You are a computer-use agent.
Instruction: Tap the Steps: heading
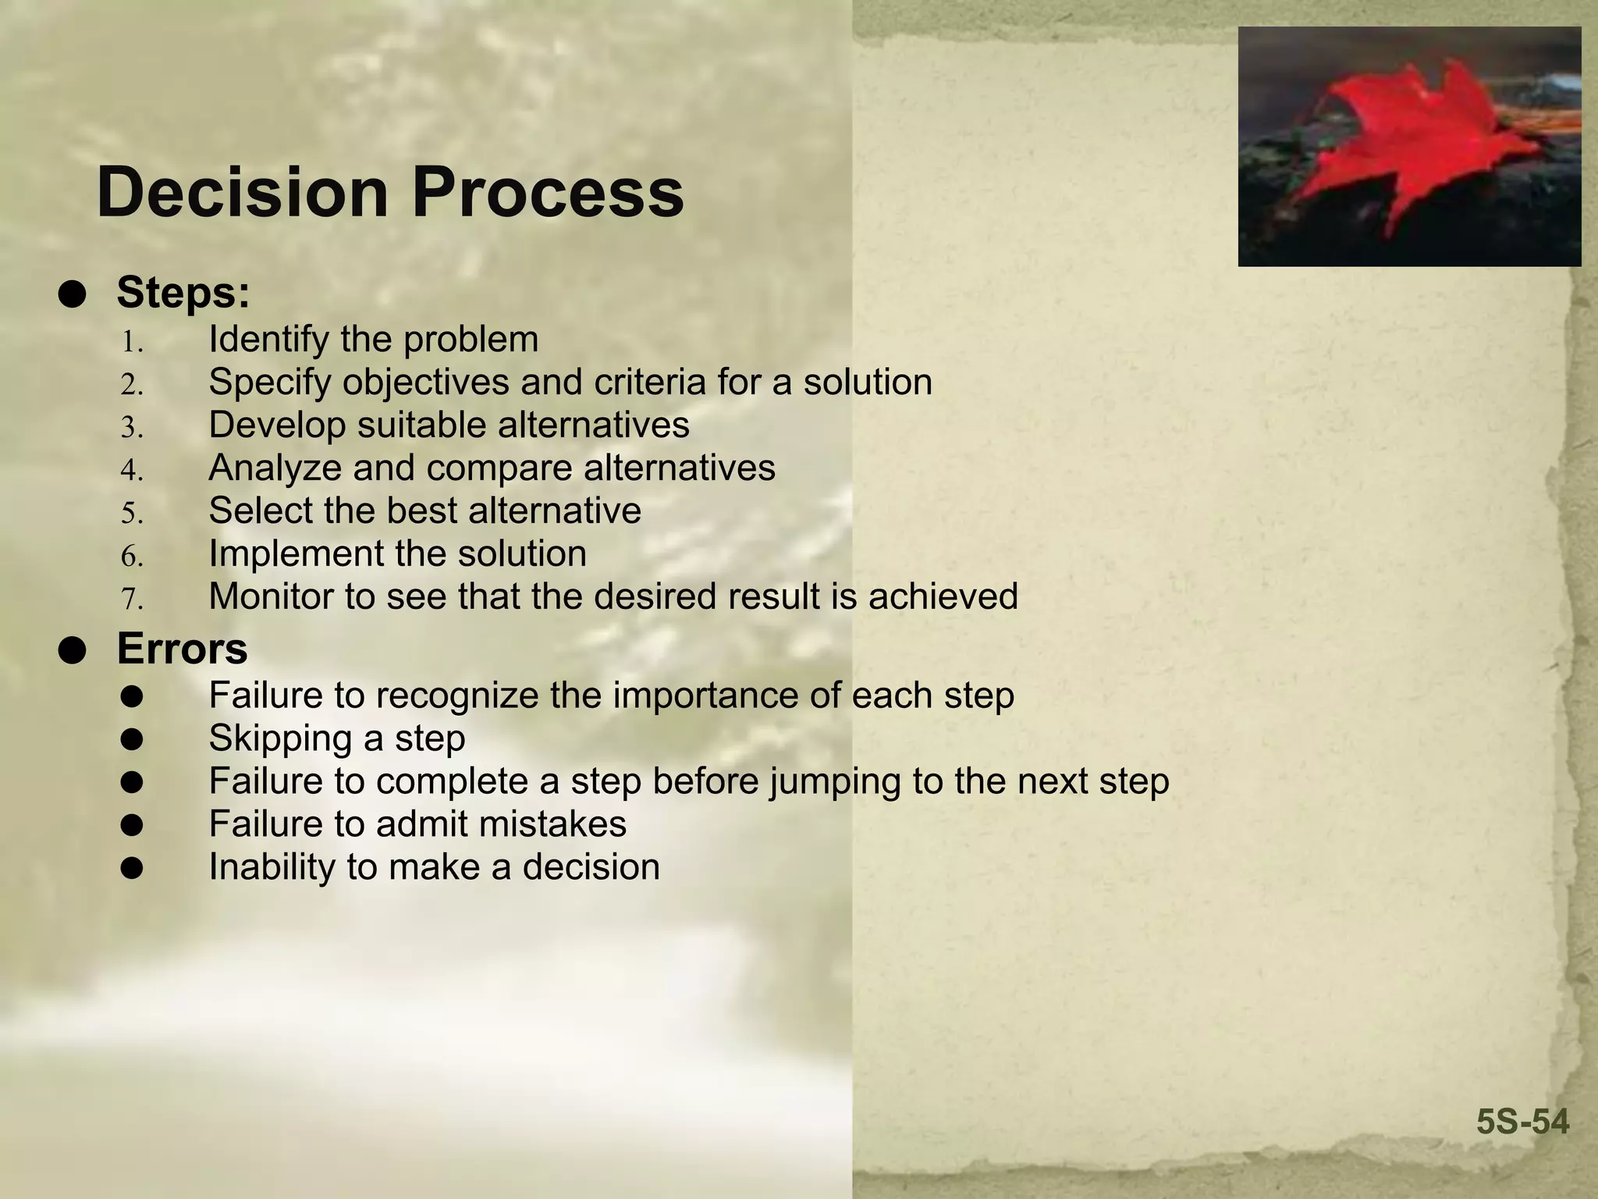tap(183, 293)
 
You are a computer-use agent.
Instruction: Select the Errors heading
tap(182, 649)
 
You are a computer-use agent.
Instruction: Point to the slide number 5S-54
tap(1522, 1123)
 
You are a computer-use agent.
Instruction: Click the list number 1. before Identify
tap(132, 342)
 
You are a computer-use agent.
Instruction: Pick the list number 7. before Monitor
tap(132, 599)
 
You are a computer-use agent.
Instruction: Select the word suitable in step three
tap(421, 425)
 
